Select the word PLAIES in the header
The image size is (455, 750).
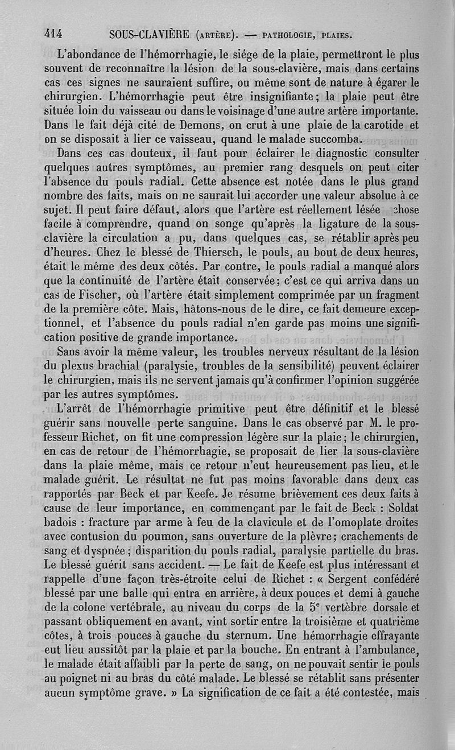pyautogui.click(x=336, y=35)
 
